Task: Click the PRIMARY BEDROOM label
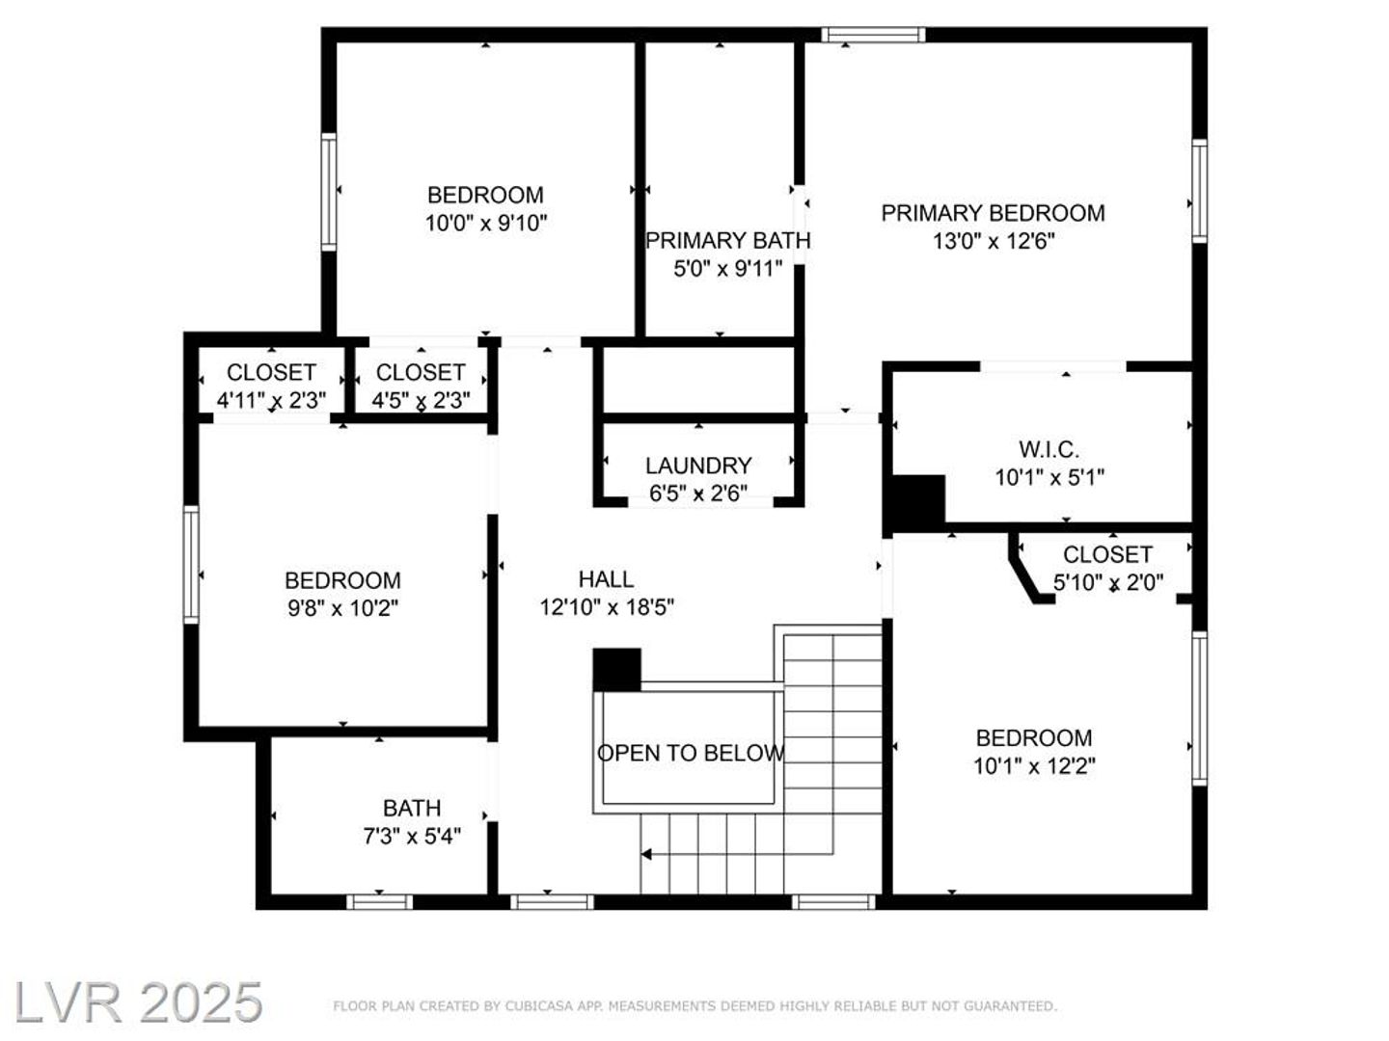click(993, 213)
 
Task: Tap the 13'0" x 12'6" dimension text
click(994, 241)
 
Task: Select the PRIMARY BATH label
click(727, 241)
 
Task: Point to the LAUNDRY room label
click(698, 466)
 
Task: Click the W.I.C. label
click(1049, 449)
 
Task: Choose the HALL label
click(606, 579)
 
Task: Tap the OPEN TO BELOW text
click(691, 753)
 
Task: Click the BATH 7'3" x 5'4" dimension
click(411, 837)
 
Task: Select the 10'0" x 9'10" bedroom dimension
click(485, 223)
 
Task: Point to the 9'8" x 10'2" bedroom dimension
click(342, 608)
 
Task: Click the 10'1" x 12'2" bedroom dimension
click(1034, 766)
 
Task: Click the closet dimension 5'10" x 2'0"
click(1108, 582)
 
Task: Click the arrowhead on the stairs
click(645, 855)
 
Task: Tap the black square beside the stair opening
click(617, 669)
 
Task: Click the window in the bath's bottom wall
click(379, 902)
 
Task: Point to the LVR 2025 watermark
click(138, 1003)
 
